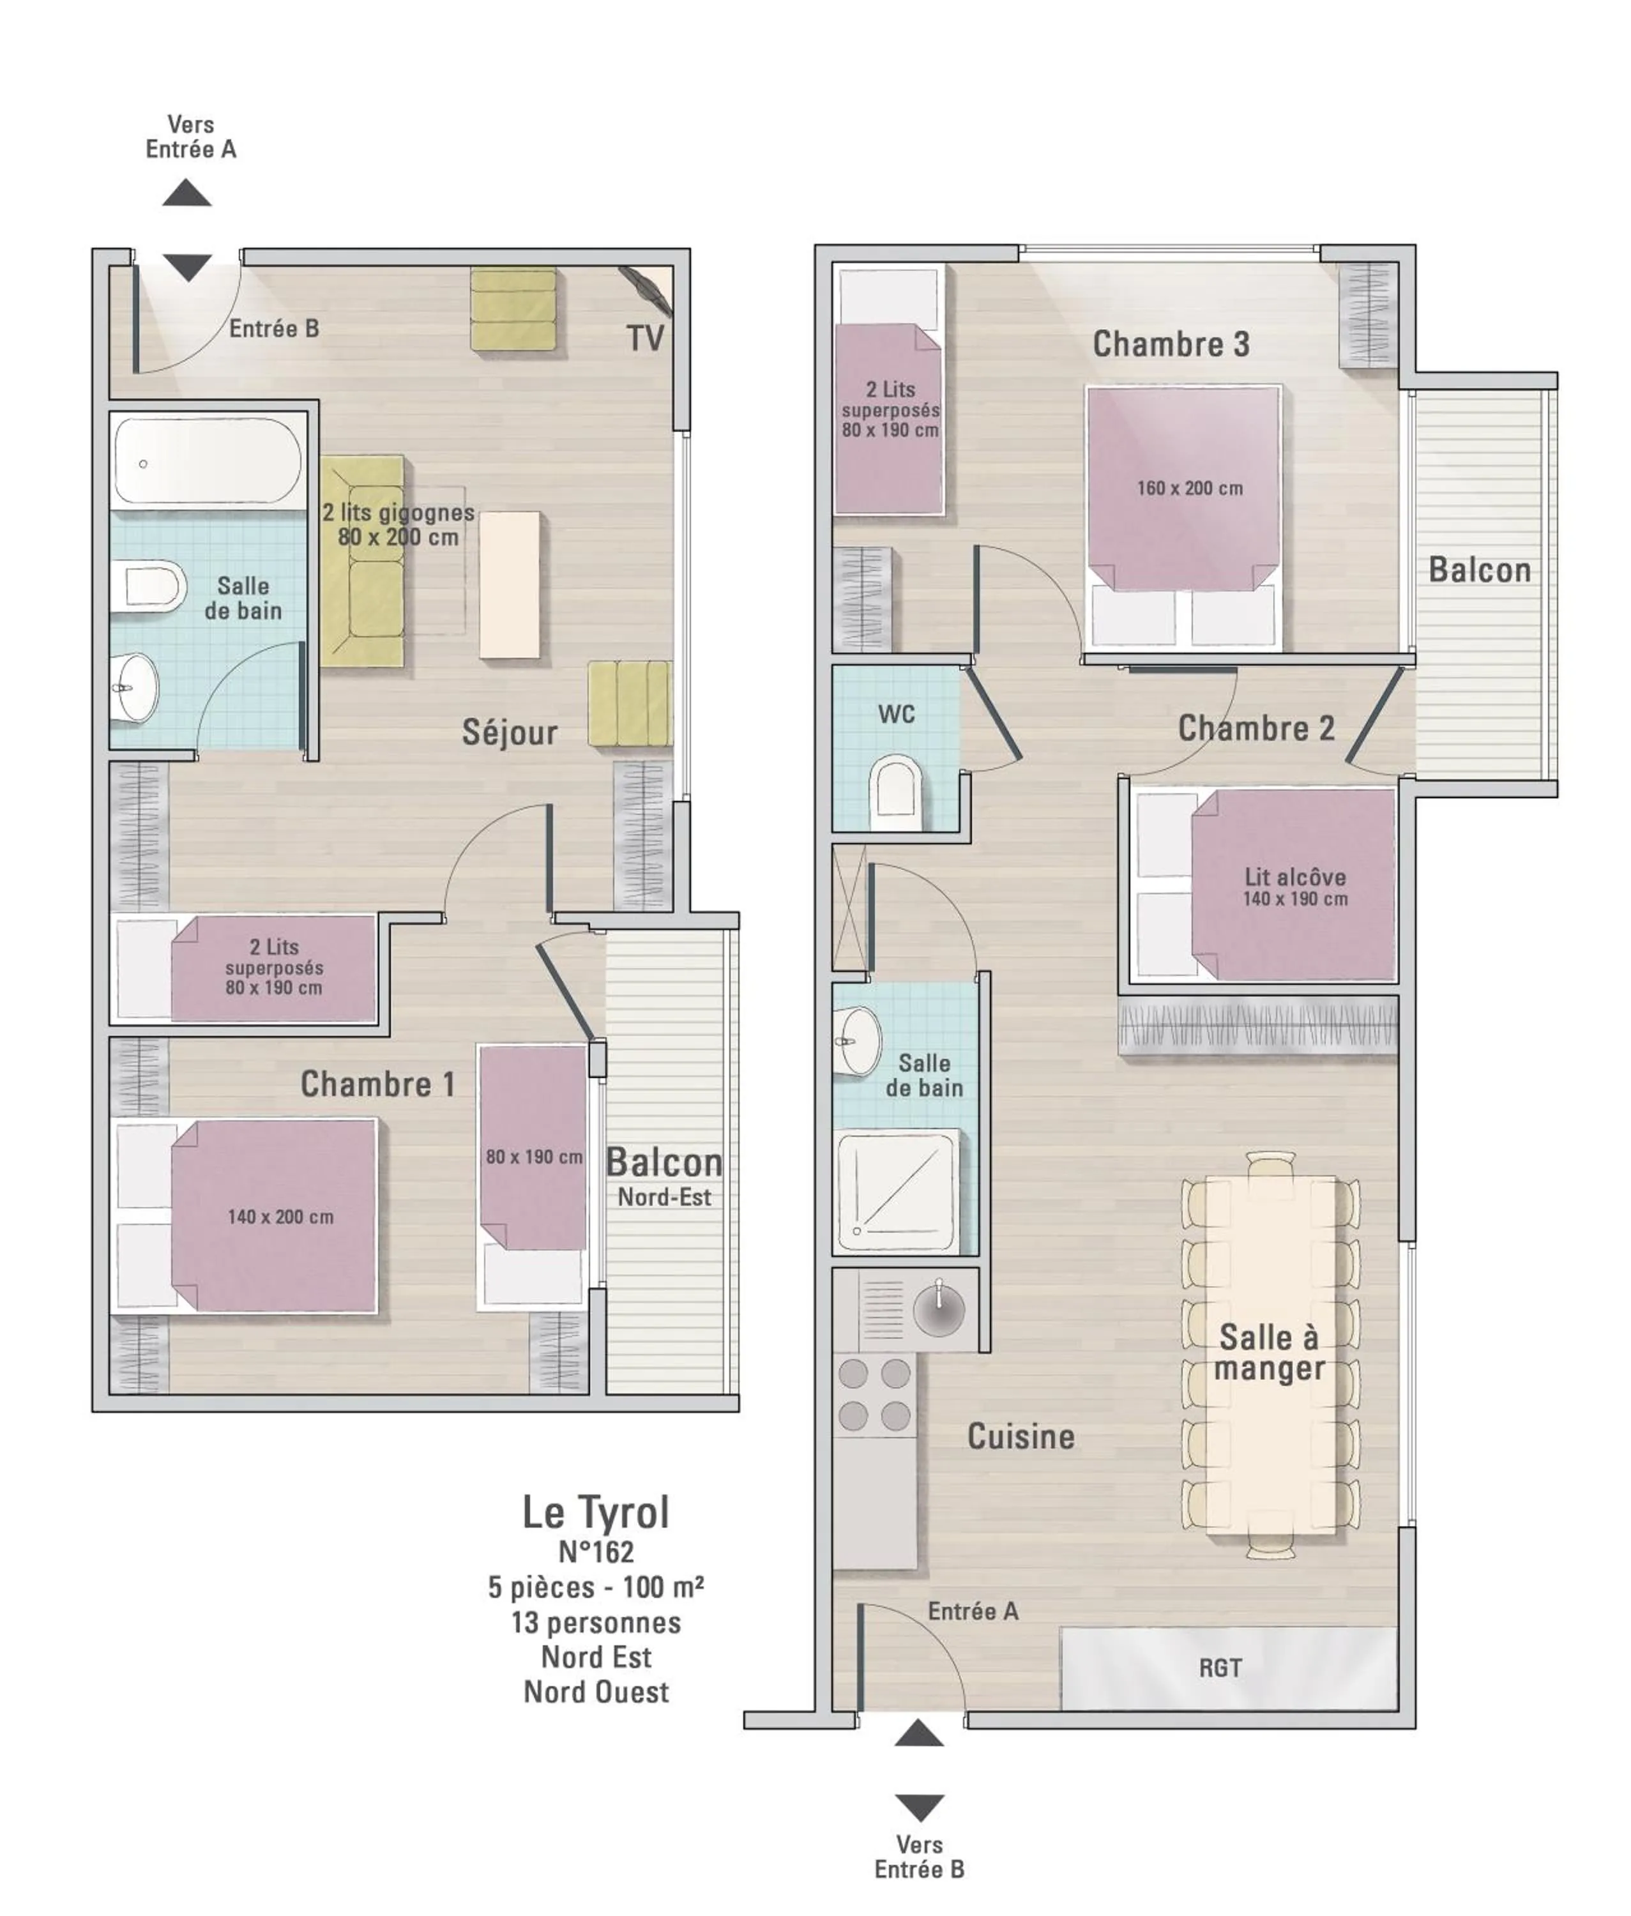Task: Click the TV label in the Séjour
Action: click(646, 338)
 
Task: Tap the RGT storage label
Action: click(1220, 1668)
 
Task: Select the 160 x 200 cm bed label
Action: click(1190, 488)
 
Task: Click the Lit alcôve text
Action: click(1294, 877)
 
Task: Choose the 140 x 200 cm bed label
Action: click(280, 1217)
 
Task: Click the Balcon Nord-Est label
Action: click(664, 1177)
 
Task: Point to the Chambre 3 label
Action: click(1171, 344)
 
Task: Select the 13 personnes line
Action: click(596, 1622)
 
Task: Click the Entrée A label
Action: click(974, 1611)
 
